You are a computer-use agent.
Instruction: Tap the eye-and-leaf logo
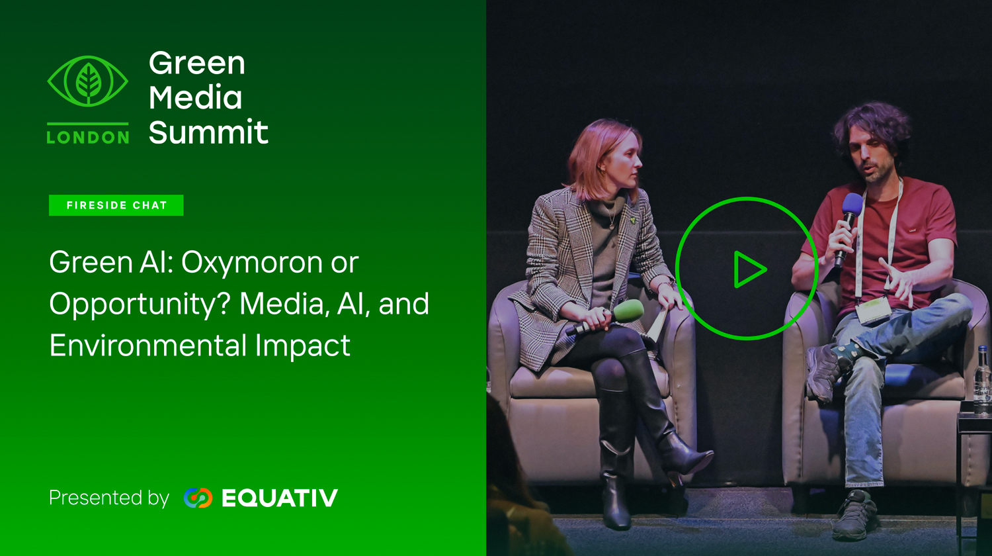point(88,81)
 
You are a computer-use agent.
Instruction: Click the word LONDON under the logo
point(88,138)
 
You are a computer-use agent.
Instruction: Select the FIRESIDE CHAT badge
point(116,205)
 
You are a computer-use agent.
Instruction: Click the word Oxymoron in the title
point(251,263)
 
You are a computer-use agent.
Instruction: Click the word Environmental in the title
point(148,345)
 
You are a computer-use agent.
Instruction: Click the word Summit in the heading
point(208,132)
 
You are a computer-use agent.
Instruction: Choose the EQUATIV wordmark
point(280,498)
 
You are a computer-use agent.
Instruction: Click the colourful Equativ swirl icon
point(198,498)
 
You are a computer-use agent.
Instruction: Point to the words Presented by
point(109,498)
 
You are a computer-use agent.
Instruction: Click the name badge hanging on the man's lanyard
point(873,310)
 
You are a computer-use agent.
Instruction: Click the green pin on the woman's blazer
point(634,220)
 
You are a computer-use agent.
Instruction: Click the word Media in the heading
point(195,97)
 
